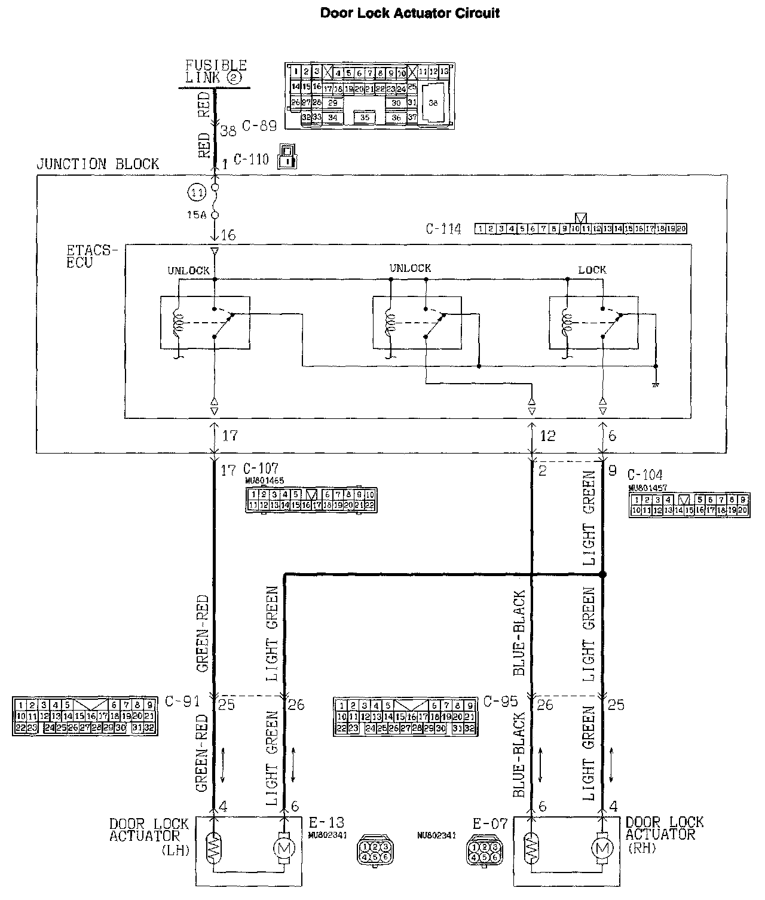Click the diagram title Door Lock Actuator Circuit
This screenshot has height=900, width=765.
point(410,13)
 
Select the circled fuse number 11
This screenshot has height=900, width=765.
point(197,192)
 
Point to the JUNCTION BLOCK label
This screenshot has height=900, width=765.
point(98,164)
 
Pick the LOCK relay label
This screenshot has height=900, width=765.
point(592,270)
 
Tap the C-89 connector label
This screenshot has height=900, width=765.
point(259,126)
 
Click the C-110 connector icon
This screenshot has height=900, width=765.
point(287,156)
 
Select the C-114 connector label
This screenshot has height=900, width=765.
point(443,229)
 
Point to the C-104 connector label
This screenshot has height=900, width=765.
point(645,475)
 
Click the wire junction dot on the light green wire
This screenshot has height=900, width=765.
point(602,575)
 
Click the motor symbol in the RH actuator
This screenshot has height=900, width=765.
point(601,847)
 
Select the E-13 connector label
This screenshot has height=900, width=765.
point(326,823)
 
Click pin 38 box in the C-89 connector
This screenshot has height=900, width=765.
point(433,103)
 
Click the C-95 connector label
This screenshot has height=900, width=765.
point(500,701)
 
